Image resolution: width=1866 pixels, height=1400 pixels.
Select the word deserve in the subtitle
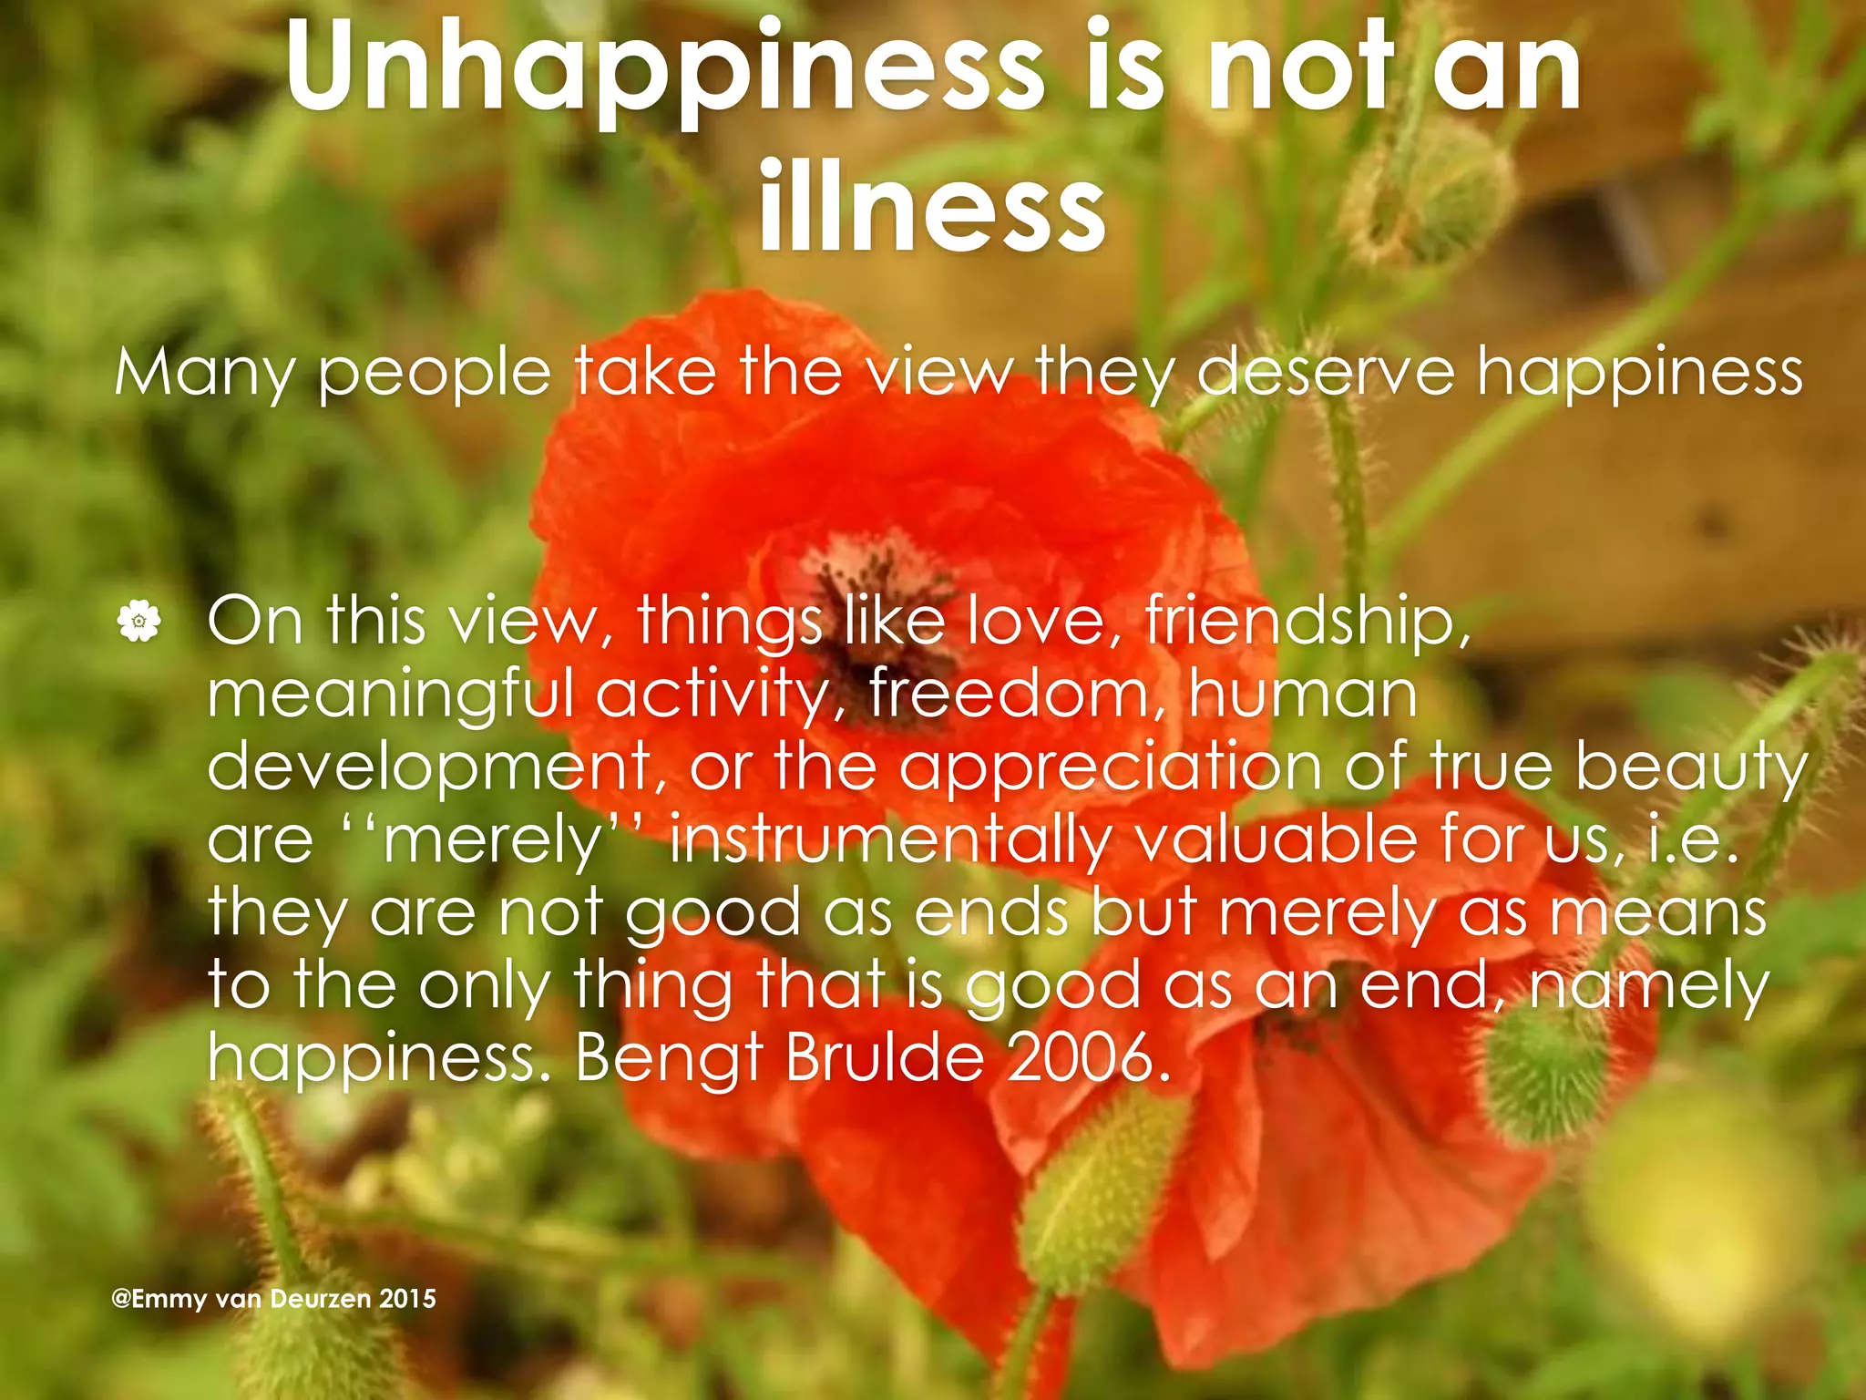click(1325, 374)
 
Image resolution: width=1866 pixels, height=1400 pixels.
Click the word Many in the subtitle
click(204, 374)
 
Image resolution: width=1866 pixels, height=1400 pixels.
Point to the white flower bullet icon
click(138, 623)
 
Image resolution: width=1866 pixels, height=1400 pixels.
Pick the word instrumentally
click(889, 840)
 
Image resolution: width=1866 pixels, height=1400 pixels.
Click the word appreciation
click(1111, 767)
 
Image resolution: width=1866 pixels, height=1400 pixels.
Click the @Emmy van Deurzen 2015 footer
click(273, 1299)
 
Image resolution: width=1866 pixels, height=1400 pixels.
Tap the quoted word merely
click(492, 840)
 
